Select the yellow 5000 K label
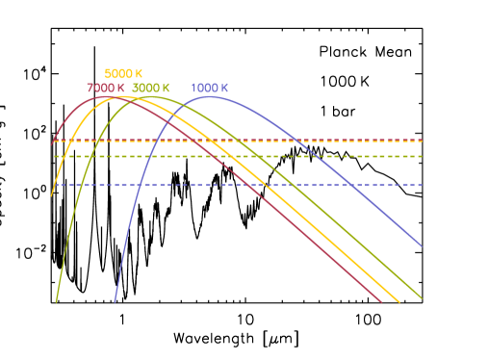click(x=123, y=73)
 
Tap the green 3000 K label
click(x=151, y=88)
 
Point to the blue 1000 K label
click(x=209, y=88)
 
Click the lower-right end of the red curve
click(x=381, y=302)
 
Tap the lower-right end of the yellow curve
click(x=398, y=301)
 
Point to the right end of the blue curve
click(x=422, y=245)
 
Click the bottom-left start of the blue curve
click(x=115, y=302)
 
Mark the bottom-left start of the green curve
click(x=56, y=302)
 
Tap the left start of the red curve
click(x=52, y=144)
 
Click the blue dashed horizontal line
click(x=241, y=185)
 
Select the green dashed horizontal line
click(x=241, y=156)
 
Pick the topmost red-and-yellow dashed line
click(x=241, y=141)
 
